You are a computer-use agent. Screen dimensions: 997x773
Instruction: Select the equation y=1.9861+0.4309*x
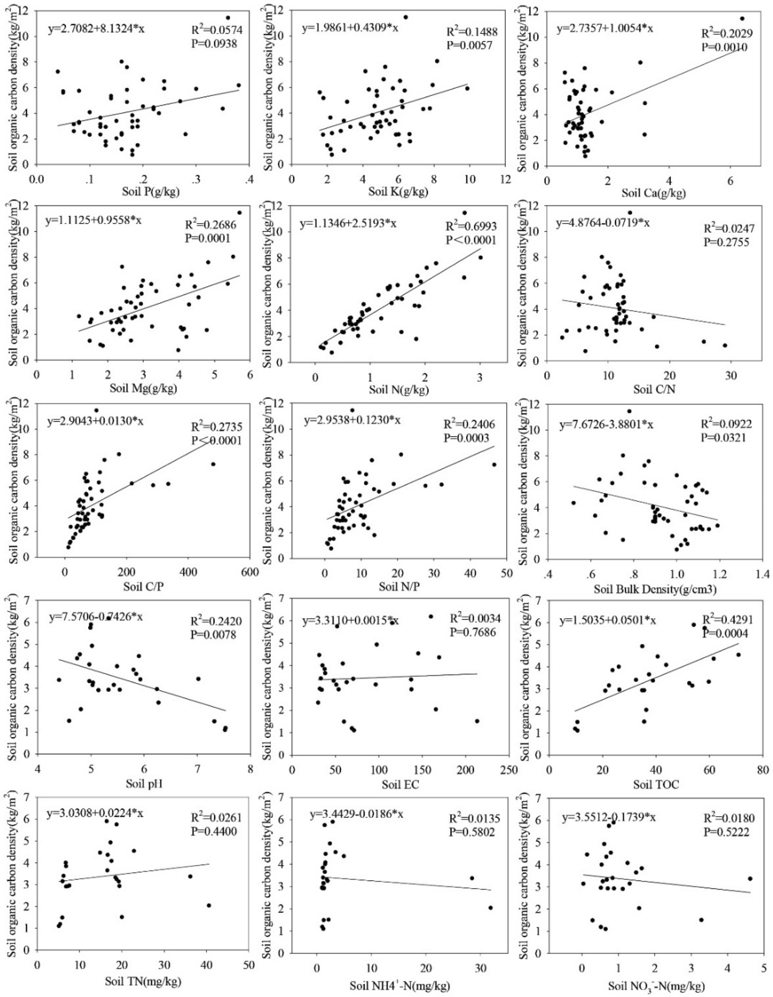click(350, 29)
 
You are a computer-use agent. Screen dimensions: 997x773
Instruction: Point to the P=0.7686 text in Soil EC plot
click(475, 632)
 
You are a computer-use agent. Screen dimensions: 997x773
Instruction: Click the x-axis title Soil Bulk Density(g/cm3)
click(655, 589)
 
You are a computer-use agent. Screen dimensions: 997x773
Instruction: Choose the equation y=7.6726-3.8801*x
click(606, 425)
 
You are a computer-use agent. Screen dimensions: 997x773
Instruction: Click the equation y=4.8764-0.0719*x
click(603, 224)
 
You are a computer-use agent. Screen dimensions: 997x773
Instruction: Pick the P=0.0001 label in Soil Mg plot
click(207, 238)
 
